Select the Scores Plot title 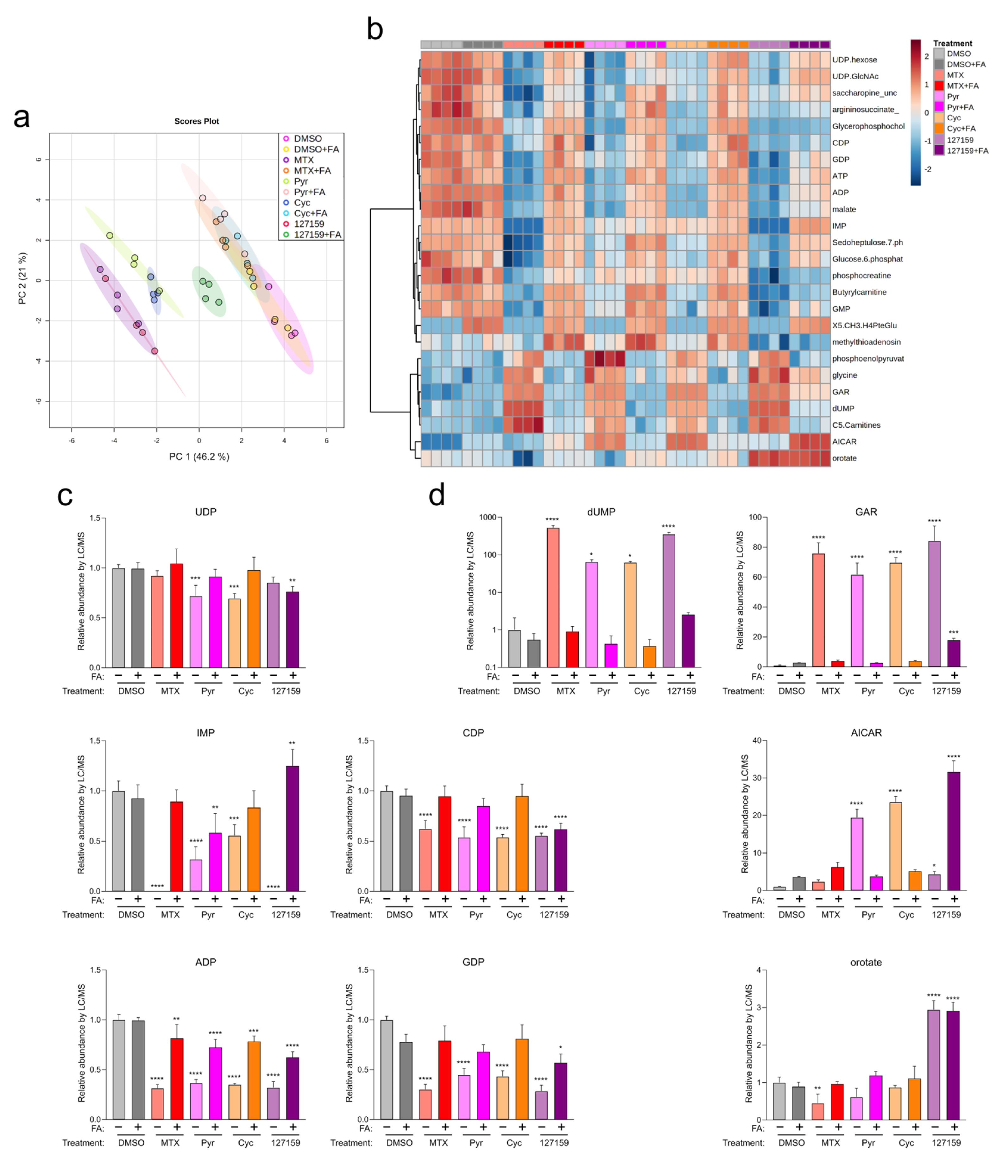196,121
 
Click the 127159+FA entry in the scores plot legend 317,234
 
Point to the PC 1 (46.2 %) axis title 199,457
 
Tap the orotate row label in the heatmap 844,458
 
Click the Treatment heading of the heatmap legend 952,43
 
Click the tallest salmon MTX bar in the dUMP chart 553,597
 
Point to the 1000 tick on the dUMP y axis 487,517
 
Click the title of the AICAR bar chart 866,733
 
